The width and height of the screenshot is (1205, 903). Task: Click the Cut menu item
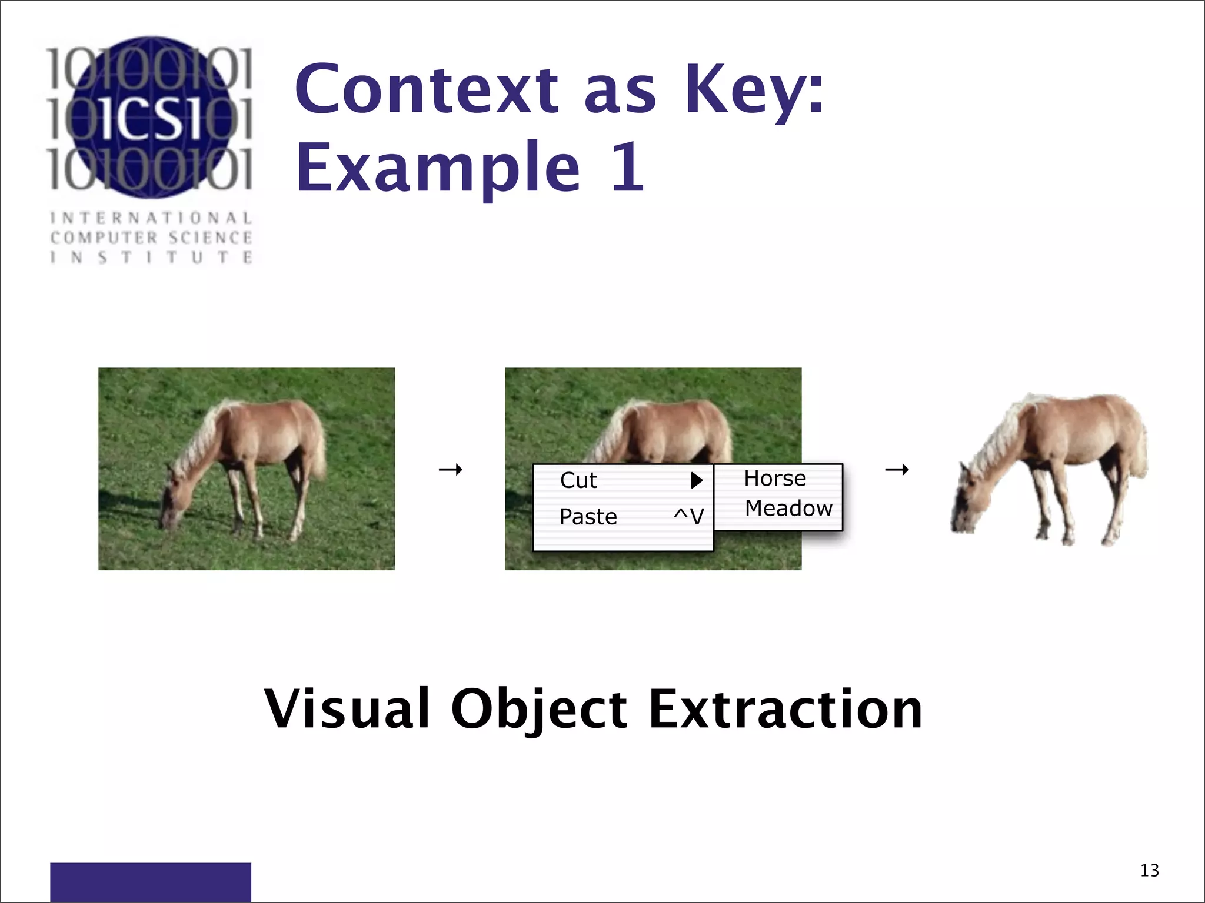coord(578,481)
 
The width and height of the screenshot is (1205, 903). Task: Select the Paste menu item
coord(588,517)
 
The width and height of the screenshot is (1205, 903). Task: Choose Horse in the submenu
coord(774,479)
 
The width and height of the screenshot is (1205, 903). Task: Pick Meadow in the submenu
coord(788,509)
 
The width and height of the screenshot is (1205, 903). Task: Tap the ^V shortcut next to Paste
coord(688,517)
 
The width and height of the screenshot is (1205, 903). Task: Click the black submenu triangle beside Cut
coord(697,480)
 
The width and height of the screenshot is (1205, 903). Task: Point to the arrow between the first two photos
coord(451,469)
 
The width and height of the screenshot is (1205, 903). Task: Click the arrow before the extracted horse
coord(897,469)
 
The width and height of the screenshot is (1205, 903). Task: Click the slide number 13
coord(1149,870)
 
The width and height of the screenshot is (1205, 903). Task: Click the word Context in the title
coord(427,89)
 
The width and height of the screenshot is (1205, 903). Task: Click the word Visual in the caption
coord(347,709)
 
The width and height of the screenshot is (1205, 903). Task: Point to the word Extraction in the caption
coord(785,709)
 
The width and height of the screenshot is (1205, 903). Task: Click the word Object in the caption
coord(539,709)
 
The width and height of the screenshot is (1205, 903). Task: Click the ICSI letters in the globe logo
coord(150,118)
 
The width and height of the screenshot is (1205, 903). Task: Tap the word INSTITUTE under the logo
coord(151,257)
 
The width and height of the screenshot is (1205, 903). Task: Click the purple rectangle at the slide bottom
coord(150,882)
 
